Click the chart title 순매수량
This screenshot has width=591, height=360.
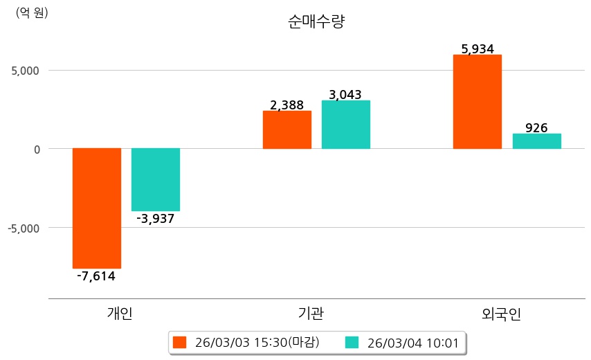(316, 21)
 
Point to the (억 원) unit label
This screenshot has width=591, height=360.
(32, 12)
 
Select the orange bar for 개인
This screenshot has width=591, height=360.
(97, 208)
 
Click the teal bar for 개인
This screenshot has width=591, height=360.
(156, 179)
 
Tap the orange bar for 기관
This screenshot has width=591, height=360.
(287, 129)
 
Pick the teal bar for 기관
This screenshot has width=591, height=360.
(346, 125)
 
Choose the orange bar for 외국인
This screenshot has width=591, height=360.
(478, 101)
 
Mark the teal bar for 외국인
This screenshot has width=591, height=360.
(537, 141)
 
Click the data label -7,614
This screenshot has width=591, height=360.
(96, 276)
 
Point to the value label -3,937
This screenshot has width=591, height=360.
(156, 219)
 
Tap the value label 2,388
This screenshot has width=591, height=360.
(287, 105)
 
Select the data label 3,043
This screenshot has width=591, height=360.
(346, 95)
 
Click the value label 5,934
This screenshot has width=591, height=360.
(478, 49)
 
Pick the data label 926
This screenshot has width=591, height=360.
(537, 128)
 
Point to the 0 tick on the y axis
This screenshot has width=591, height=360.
(37, 149)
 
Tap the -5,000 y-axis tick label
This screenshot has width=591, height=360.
(24, 228)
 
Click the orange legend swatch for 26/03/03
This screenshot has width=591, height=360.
(180, 343)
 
